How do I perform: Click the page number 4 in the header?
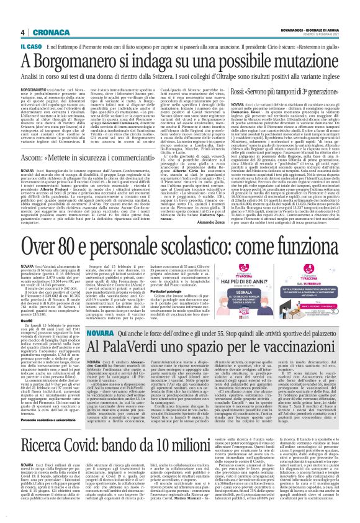[x=22, y=32]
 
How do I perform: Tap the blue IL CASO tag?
[x=31, y=46]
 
